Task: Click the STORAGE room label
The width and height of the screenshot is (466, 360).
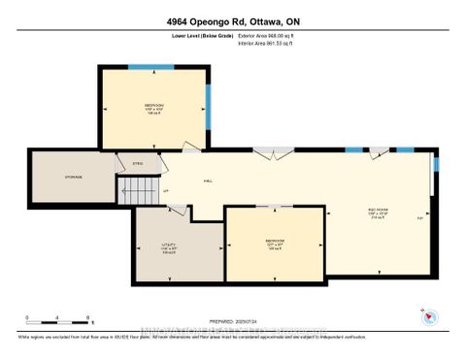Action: tap(73, 177)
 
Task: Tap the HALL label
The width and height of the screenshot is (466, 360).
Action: tap(209, 180)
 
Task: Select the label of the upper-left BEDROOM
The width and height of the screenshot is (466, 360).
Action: tap(153, 107)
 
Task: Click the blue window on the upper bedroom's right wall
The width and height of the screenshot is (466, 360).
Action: tap(207, 101)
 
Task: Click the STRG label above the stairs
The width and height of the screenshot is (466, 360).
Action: tap(139, 164)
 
